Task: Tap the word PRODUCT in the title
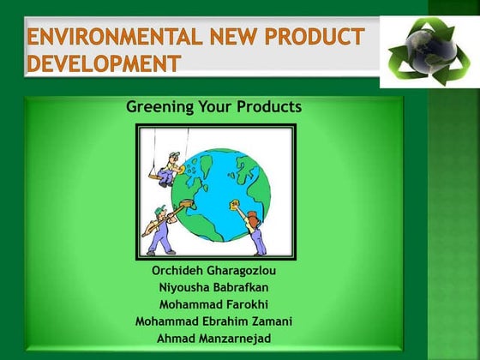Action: tap(309, 38)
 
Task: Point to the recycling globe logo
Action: tap(428, 51)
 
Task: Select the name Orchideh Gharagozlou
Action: tap(214, 270)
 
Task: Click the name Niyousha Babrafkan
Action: tap(214, 287)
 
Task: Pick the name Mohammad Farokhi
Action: tap(214, 304)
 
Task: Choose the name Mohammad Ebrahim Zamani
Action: tap(214, 321)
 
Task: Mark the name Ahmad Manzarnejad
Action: tap(214, 339)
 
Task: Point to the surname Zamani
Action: tap(269, 321)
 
